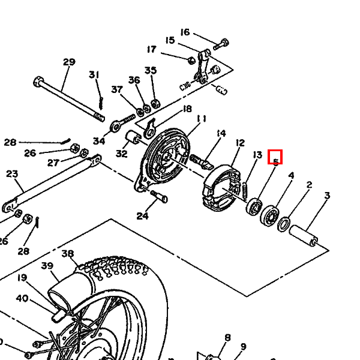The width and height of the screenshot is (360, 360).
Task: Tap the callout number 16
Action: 185,32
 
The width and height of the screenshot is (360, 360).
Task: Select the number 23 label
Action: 12,174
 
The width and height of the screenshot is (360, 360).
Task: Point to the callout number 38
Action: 67,253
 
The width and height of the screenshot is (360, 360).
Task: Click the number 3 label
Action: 327,196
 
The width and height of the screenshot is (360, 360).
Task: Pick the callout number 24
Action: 142,216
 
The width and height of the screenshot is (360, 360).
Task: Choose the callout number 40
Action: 22,298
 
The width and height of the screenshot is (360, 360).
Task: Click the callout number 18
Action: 187,109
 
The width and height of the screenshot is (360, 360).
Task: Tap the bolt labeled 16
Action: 220,44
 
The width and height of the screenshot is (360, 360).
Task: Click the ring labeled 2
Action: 284,226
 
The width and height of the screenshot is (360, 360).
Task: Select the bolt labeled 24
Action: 159,194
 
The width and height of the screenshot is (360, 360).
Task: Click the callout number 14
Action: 221,133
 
